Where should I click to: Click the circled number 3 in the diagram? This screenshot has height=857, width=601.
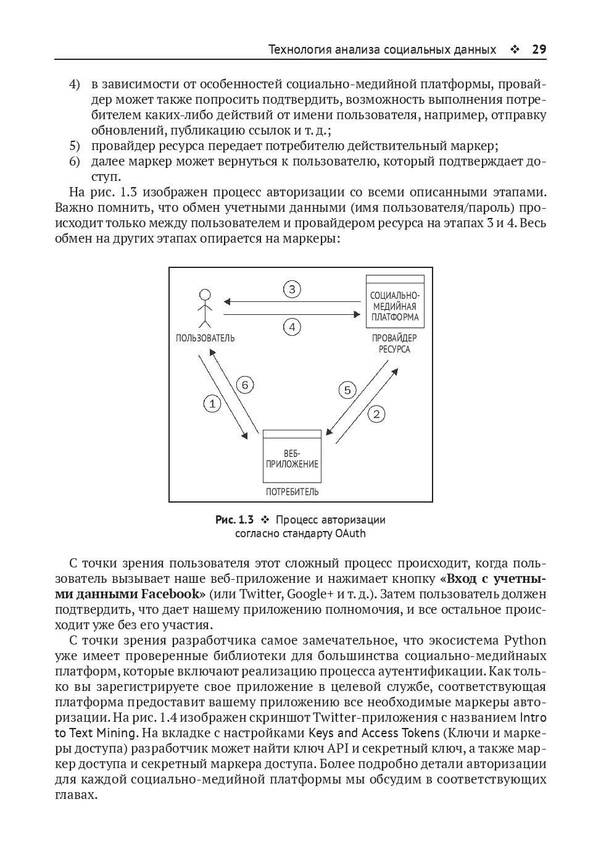point(292,289)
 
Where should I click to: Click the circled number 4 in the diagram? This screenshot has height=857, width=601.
point(292,327)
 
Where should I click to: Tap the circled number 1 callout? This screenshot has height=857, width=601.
point(212,404)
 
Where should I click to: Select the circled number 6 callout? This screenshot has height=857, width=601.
point(245,385)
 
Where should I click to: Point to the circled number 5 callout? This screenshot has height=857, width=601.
point(347,390)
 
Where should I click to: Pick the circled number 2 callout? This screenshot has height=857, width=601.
point(376,414)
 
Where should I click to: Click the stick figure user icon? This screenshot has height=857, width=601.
point(204,308)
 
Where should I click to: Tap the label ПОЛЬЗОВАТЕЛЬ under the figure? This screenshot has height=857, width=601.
point(205,338)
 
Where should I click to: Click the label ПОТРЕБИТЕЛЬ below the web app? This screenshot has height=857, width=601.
point(292,492)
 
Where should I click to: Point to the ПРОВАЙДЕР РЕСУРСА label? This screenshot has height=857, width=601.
point(394,343)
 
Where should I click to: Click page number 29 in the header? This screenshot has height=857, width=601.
point(539,49)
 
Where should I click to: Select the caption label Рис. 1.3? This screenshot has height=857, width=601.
point(234,520)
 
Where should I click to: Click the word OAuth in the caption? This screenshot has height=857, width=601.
point(350,533)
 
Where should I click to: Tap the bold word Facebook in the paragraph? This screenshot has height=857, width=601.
point(173,594)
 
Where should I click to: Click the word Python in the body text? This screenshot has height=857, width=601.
point(525,640)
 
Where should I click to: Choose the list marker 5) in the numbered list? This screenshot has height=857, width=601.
point(74,146)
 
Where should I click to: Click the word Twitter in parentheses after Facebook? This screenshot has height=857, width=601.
point(260,594)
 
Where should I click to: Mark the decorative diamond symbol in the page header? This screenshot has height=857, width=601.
point(515,50)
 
